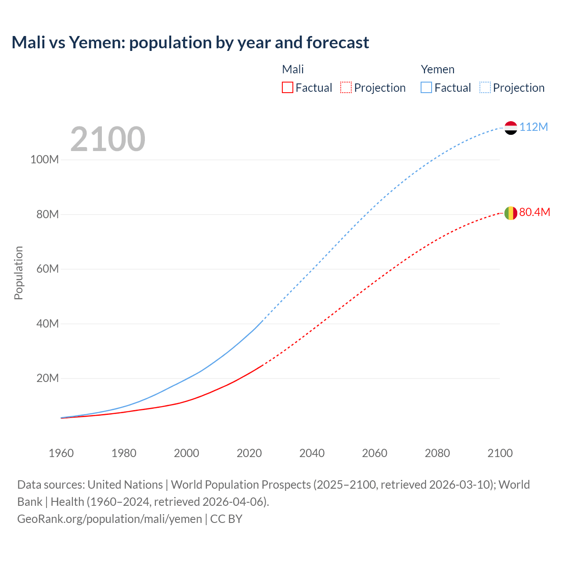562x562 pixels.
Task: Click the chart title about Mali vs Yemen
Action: [190, 43]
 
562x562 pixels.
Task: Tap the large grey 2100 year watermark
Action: [108, 139]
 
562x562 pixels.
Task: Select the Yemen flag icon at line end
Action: [511, 128]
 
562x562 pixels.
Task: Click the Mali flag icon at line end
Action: [511, 213]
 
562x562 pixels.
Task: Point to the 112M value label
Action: [533, 127]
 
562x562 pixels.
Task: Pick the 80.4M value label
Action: [534, 213]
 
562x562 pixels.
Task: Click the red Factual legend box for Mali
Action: [288, 88]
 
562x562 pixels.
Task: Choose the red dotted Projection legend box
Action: [346, 88]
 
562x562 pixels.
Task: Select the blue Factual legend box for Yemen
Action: [426, 88]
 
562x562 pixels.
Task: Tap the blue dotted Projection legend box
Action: [485, 88]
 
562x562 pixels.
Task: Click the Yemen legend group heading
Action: [437, 69]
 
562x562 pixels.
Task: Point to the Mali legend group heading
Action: [293, 69]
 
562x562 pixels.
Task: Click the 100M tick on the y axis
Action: [44, 159]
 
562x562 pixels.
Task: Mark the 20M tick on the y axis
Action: [47, 378]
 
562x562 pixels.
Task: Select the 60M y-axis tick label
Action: [47, 269]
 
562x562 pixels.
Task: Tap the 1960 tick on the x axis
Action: [61, 453]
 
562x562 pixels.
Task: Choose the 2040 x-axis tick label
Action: [312, 453]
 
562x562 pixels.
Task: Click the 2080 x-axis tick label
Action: [437, 453]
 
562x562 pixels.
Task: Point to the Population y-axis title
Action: [18, 273]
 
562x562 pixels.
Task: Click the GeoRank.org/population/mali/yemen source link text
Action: [109, 519]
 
